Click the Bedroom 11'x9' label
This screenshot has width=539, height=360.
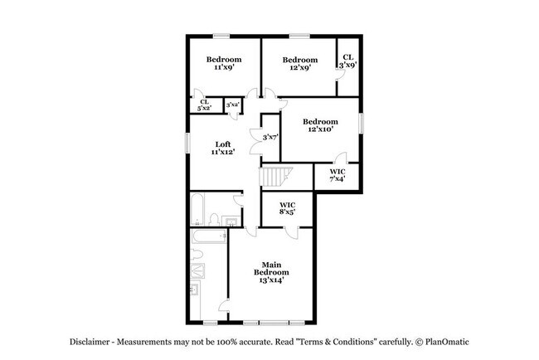[x=223, y=64]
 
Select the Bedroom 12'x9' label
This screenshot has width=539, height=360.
[x=299, y=64]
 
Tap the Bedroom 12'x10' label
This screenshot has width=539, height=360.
[x=320, y=125]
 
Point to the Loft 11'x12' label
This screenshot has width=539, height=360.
[x=223, y=148]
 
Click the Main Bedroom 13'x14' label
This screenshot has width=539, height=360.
[x=271, y=272]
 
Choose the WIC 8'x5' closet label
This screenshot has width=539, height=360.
[x=288, y=208]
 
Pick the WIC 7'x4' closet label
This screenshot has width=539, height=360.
[x=337, y=175]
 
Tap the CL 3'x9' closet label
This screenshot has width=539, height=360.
[x=348, y=61]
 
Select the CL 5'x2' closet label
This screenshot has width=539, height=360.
[x=204, y=105]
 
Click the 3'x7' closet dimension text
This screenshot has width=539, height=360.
[x=269, y=137]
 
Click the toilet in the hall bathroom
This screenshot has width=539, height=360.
[x=214, y=220]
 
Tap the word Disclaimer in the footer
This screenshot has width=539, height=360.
[x=87, y=342]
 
